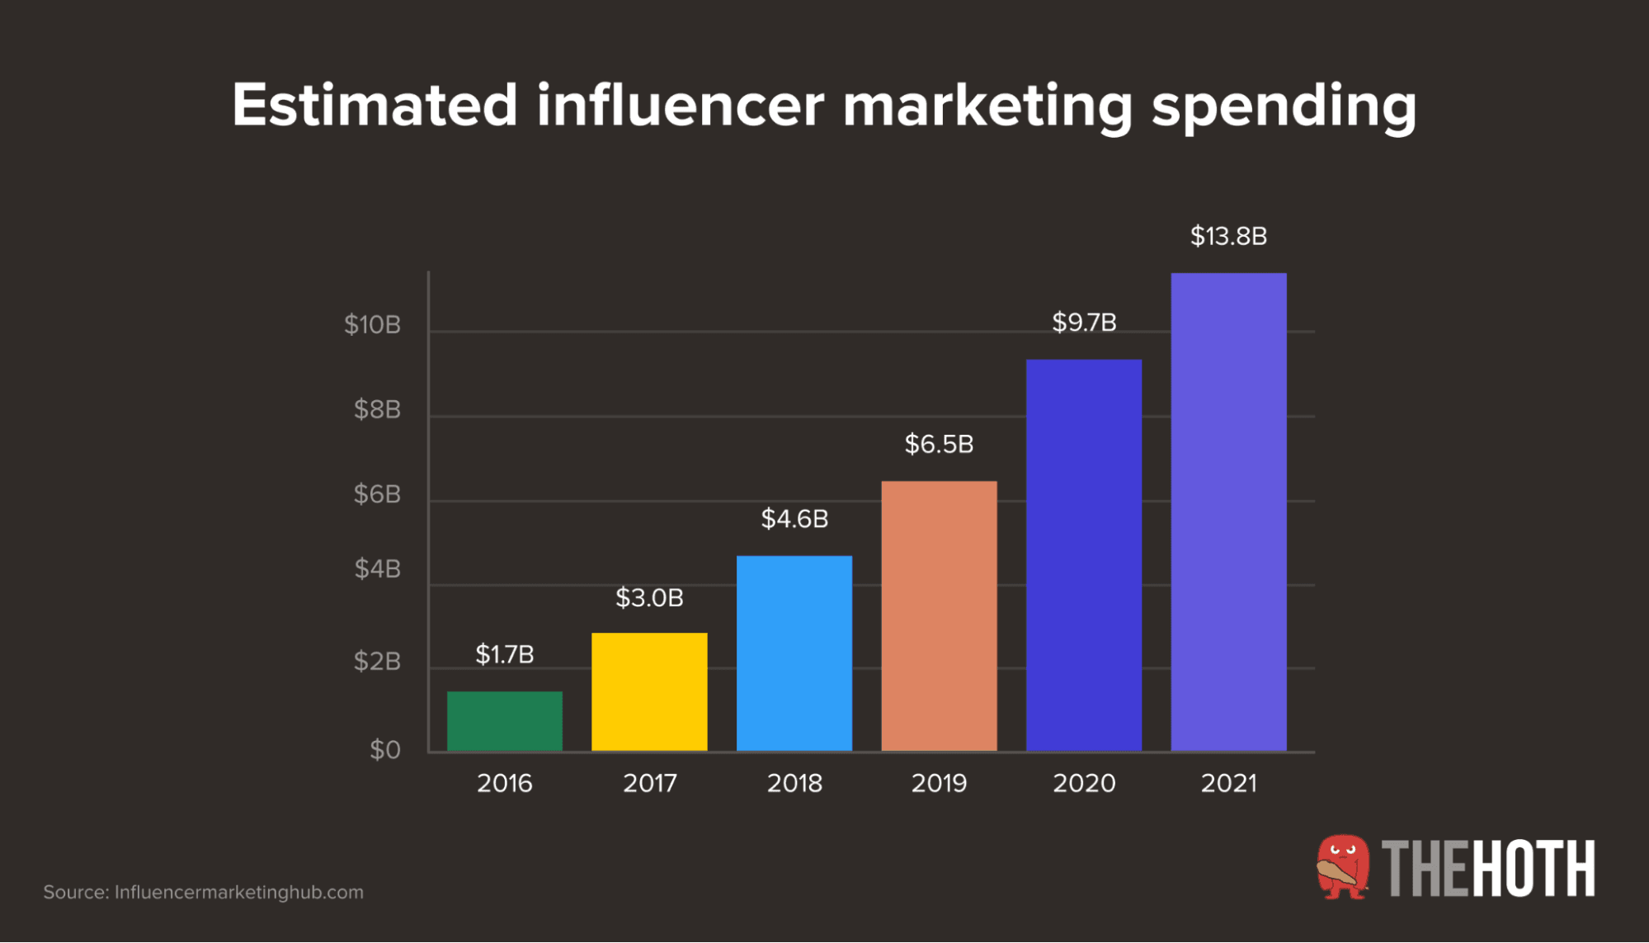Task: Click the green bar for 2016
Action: (504, 720)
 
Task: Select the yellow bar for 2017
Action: (649, 691)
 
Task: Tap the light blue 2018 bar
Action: (794, 653)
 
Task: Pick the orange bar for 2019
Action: (939, 615)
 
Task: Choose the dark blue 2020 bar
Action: (1083, 554)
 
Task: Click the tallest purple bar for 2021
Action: (1228, 512)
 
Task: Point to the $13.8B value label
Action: (1228, 237)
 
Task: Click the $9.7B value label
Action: (1084, 323)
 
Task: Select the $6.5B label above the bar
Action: (939, 445)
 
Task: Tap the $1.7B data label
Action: (504, 655)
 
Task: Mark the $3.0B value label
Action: (649, 598)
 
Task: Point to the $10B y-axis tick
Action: (372, 325)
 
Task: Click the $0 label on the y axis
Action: (384, 750)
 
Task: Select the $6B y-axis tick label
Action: (377, 494)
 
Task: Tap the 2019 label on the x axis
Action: (939, 783)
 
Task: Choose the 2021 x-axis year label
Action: (1228, 783)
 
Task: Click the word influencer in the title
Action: (680, 106)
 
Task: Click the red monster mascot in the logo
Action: (1342, 867)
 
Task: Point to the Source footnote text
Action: (203, 893)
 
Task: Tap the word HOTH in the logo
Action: (1534, 869)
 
